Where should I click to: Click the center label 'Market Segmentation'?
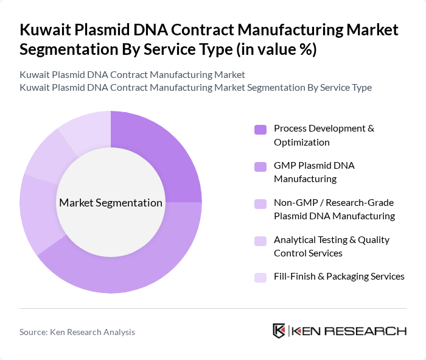(110, 203)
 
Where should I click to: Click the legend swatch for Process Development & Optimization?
(260, 129)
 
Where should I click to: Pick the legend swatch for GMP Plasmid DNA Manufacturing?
(260, 166)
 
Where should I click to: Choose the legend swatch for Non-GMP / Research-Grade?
(260, 203)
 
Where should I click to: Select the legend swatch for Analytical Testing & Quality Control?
(260, 241)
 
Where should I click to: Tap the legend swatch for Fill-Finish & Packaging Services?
(260, 277)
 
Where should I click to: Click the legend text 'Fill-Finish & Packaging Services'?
(339, 277)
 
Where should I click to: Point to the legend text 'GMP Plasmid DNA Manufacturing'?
(314, 172)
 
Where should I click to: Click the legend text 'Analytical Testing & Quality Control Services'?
(332, 246)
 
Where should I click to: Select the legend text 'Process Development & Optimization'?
(324, 135)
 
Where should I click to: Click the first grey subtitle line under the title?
(132, 74)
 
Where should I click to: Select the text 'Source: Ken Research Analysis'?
(77, 332)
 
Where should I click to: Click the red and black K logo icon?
(279, 331)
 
